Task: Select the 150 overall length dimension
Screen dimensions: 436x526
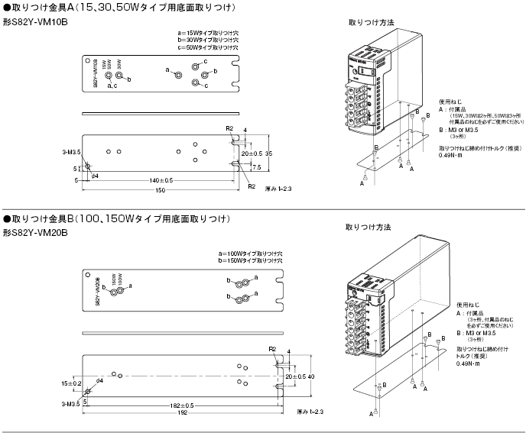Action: tap(160, 190)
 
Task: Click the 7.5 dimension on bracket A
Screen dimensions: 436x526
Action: tap(256, 167)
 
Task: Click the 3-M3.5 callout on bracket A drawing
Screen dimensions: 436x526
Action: tap(71, 153)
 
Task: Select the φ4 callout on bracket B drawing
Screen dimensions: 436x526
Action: tap(99, 380)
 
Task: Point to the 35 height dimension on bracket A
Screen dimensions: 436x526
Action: tap(268, 153)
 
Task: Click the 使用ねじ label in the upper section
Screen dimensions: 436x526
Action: tap(450, 101)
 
